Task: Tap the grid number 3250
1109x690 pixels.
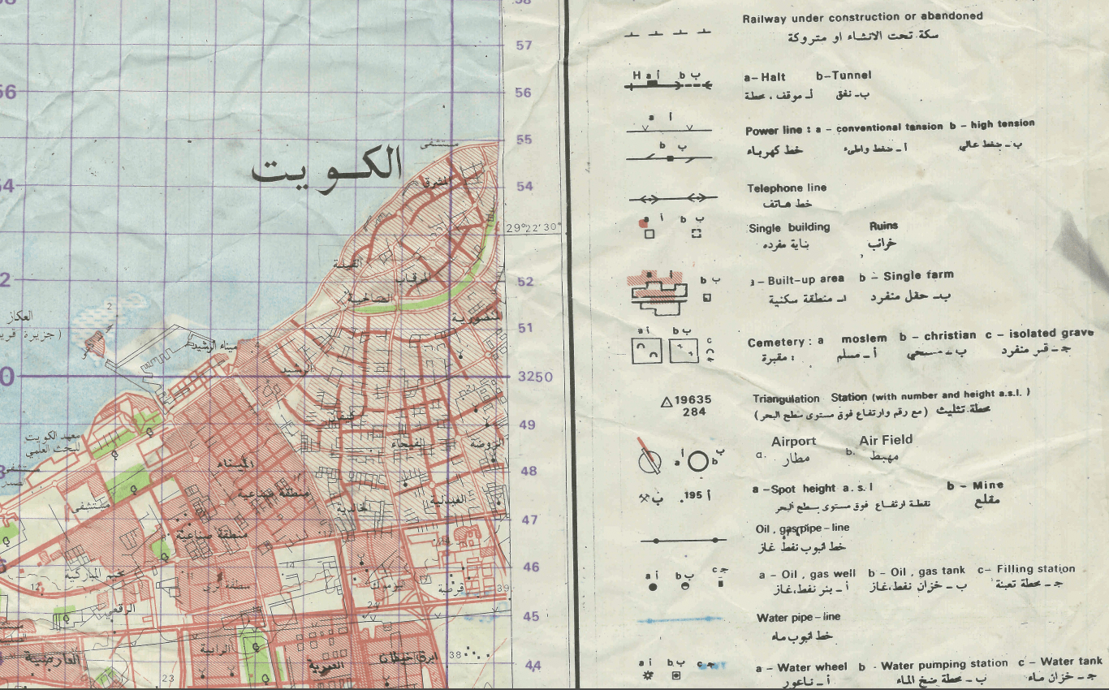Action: (x=536, y=377)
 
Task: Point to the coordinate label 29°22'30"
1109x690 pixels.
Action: (x=533, y=227)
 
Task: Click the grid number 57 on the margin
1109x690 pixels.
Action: (x=524, y=45)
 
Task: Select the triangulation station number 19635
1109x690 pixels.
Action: (x=693, y=399)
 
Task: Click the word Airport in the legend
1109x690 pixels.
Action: (x=793, y=441)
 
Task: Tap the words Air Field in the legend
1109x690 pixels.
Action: (x=885, y=439)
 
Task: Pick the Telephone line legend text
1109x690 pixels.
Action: (x=787, y=188)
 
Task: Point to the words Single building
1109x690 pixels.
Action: (x=789, y=228)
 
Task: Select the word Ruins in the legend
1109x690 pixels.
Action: (x=883, y=226)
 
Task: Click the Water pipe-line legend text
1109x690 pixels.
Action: (x=798, y=618)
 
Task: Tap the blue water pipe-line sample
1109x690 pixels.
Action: (x=680, y=620)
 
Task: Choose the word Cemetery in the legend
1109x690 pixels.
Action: (x=775, y=343)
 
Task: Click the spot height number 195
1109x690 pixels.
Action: (x=693, y=494)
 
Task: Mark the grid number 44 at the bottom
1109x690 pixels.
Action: (x=533, y=666)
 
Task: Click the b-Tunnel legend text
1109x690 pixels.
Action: (x=844, y=75)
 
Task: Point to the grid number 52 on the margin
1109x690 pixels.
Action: (x=525, y=282)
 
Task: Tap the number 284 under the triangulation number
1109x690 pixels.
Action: (x=694, y=412)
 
